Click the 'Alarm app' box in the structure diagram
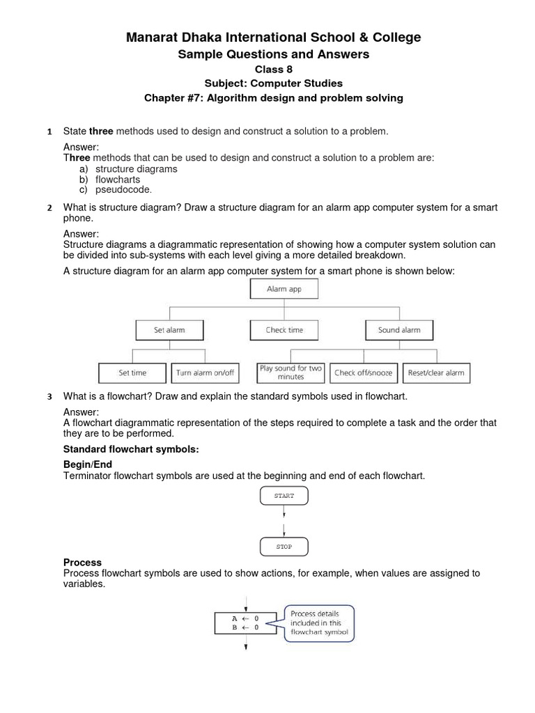tap(284, 289)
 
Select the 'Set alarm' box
tap(169, 330)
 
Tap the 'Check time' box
tap(284, 330)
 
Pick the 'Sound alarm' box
tap(399, 330)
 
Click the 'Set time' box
tap(132, 373)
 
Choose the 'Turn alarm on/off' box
tap(206, 373)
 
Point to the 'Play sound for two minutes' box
tap(290, 373)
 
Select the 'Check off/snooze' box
tap(363, 373)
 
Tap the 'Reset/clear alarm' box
tap(436, 373)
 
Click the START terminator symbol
tap(284, 496)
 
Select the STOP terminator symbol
tap(284, 547)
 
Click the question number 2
tap(49, 208)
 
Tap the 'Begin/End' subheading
tap(88, 464)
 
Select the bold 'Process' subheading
tap(82, 562)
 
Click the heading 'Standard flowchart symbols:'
tap(132, 449)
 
